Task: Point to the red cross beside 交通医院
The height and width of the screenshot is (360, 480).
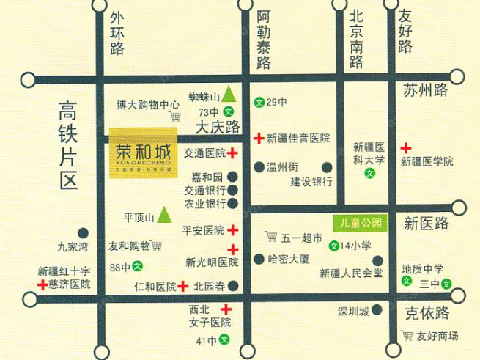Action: (x=232, y=153)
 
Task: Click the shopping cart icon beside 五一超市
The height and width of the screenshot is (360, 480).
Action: (x=272, y=237)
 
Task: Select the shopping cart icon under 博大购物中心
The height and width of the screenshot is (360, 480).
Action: (x=175, y=116)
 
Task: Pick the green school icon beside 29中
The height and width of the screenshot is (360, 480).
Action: (x=258, y=101)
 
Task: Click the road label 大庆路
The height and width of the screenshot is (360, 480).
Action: (x=218, y=128)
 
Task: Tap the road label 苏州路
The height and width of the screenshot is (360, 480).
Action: (x=425, y=91)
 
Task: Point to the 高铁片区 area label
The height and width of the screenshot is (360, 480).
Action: (x=69, y=147)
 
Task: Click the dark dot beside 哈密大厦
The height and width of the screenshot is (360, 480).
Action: (x=259, y=259)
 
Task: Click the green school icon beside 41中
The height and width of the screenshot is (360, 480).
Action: (x=224, y=340)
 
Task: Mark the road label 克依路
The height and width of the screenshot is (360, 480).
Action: (x=426, y=314)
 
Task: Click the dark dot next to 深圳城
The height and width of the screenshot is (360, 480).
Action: (x=377, y=311)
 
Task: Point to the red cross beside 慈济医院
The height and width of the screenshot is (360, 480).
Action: (x=43, y=284)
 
